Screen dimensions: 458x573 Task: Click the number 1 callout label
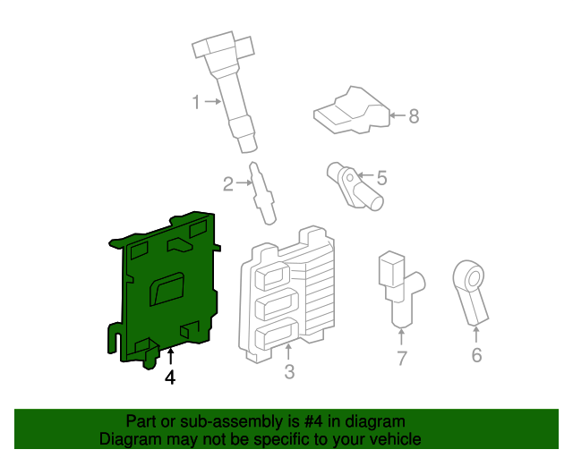[x=197, y=103]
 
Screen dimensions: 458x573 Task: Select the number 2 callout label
[x=228, y=184]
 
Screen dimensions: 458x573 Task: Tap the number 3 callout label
[x=288, y=372]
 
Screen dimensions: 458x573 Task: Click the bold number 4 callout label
[x=170, y=378]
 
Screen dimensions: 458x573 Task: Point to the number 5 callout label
[x=381, y=178]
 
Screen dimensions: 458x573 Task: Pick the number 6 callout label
[x=476, y=356]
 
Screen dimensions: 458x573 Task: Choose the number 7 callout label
[x=402, y=359]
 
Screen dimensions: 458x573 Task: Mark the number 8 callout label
[x=414, y=116]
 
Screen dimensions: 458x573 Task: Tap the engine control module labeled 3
[x=286, y=295]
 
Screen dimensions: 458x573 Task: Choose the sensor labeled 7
[x=397, y=286]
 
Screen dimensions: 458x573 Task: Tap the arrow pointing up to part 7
[x=401, y=337]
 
